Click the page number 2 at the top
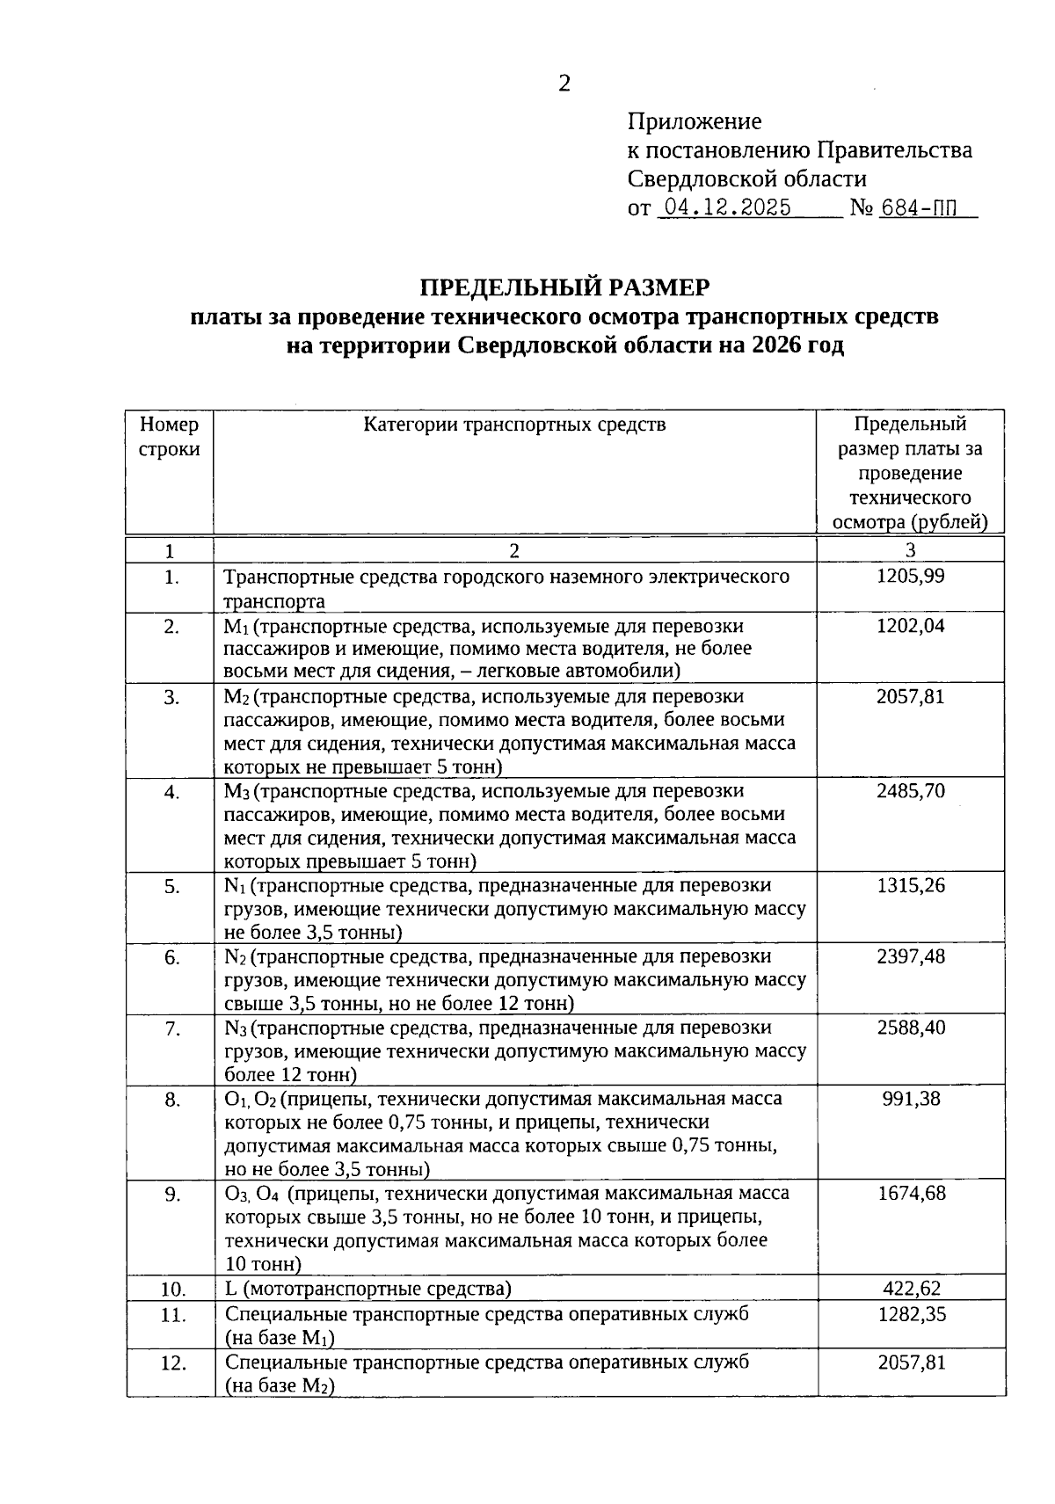[564, 84]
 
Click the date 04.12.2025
[727, 207]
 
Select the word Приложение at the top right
[695, 121]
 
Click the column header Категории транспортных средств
[514, 425]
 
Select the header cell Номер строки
[170, 437]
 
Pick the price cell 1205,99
[911, 577]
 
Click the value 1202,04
[911, 626]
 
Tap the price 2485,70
[911, 790]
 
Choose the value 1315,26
[911, 885]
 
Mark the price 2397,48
[911, 956]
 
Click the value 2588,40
[911, 1027]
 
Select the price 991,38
[911, 1098]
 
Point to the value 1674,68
[911, 1193]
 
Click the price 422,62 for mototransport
[911, 1289]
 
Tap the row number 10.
[173, 1290]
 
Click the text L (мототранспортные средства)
[367, 1289]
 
